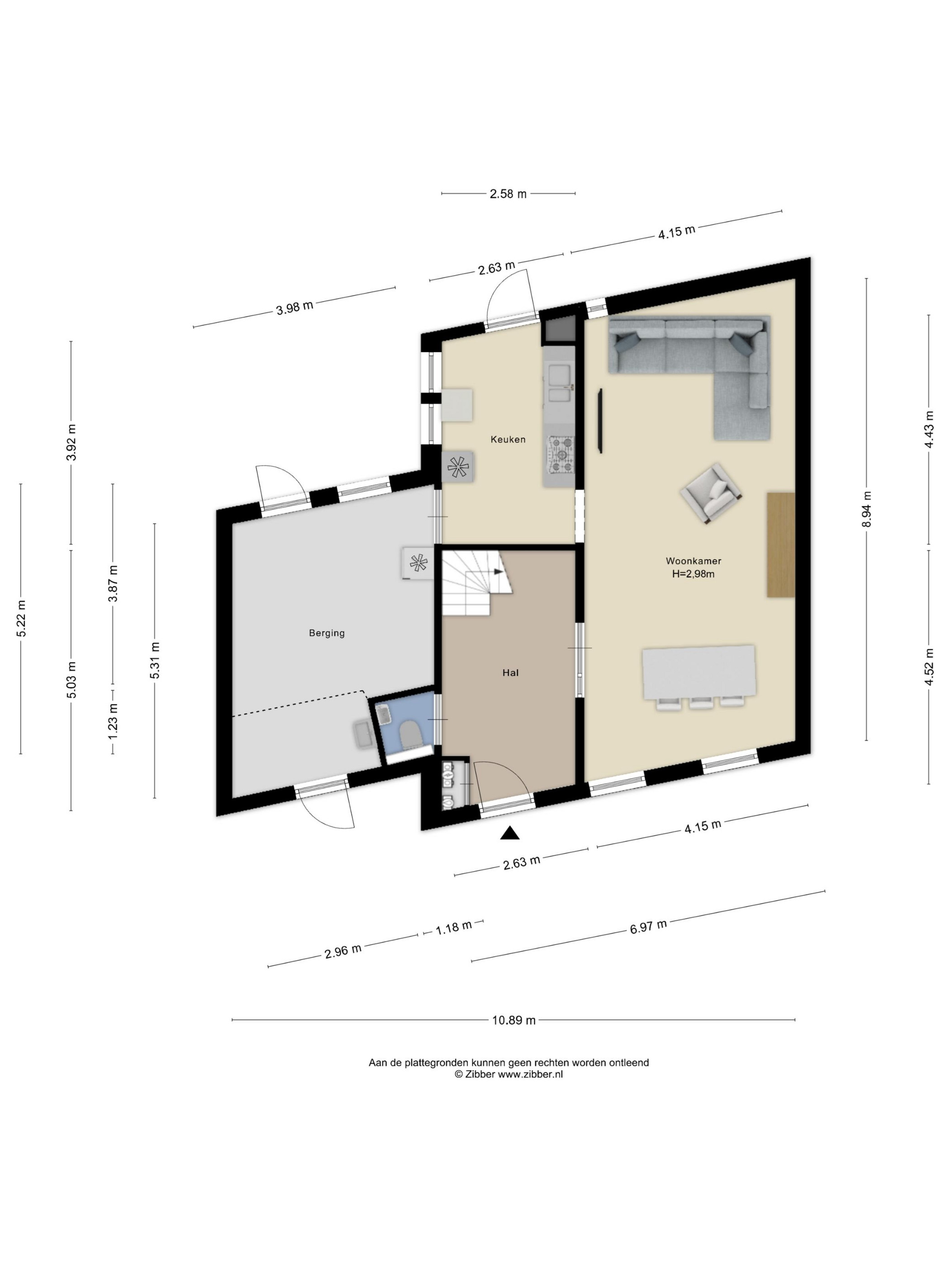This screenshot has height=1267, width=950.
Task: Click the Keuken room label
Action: point(508,439)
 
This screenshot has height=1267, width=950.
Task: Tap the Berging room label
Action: point(327,633)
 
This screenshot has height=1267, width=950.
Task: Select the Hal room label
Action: point(510,672)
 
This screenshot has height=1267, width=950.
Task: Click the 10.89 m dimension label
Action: point(513,1020)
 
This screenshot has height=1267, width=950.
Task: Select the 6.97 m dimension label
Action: point(648,926)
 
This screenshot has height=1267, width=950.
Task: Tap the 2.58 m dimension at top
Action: point(508,194)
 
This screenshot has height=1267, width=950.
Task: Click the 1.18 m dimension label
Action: point(454,927)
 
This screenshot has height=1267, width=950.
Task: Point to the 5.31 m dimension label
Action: point(155,660)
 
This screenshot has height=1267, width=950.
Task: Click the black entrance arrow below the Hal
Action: point(510,834)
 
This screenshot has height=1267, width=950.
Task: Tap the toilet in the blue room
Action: point(409,734)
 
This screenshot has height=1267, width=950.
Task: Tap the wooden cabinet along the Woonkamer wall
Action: point(780,545)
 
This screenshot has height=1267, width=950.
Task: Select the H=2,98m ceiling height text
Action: point(693,574)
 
